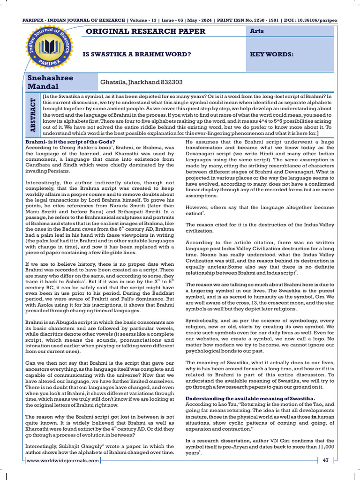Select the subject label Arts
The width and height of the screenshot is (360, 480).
(x=258, y=31)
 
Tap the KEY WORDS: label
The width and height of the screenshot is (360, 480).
(x=272, y=54)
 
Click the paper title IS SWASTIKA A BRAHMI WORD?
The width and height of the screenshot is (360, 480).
(x=137, y=54)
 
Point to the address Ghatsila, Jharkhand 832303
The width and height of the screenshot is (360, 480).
(x=140, y=82)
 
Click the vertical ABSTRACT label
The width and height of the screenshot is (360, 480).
(x=32, y=114)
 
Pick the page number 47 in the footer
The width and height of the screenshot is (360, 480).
(x=325, y=460)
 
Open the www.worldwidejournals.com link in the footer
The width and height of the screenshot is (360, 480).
(x=63, y=460)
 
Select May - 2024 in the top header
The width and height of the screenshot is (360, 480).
(x=203, y=21)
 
